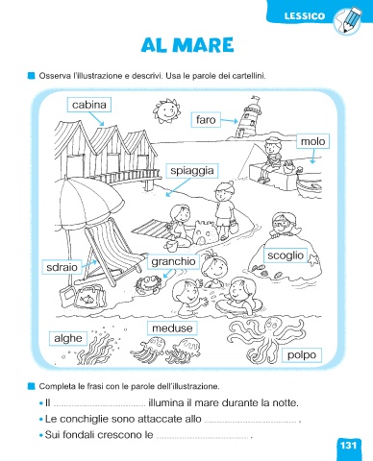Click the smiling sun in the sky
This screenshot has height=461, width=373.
point(166,110)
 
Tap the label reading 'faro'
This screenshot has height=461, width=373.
point(206,120)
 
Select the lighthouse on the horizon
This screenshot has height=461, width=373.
point(248,117)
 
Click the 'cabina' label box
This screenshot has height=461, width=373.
point(89,105)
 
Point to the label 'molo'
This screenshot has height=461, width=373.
point(312,141)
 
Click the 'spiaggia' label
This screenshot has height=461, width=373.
point(192,171)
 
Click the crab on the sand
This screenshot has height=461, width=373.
point(147,284)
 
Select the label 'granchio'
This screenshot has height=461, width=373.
point(173,261)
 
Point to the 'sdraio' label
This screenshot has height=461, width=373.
point(62,267)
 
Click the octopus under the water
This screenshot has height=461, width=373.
point(265,338)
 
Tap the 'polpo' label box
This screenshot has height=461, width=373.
point(302,355)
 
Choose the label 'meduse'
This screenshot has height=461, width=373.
point(172,328)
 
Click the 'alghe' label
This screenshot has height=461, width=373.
point(68,338)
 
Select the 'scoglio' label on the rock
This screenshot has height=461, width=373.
point(286,255)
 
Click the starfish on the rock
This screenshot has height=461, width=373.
point(313,259)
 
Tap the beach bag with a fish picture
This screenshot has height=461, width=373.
point(89,297)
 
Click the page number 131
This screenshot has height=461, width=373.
point(348,446)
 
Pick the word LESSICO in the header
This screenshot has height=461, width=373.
point(305,16)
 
